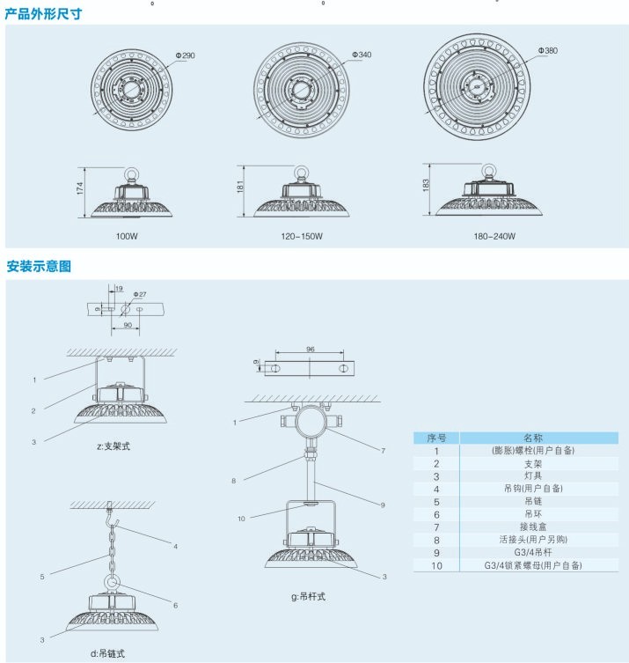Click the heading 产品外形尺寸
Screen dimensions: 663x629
coord(45,14)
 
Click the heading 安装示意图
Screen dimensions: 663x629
coord(39,266)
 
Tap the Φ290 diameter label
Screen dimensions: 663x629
coord(185,55)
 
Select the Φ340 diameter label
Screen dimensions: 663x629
coord(362,55)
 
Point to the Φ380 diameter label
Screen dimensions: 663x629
coord(547,51)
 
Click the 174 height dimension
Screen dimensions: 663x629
coord(79,188)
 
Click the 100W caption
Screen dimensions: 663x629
coord(127,237)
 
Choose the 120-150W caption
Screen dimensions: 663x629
coord(303,237)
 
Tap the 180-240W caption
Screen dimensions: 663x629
coord(495,237)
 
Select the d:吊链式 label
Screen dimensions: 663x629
coord(107,652)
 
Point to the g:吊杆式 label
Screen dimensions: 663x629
coord(308,596)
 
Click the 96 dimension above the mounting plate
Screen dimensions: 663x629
coord(310,350)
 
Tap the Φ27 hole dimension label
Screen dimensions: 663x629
coord(140,293)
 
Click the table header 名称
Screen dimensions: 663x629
coord(533,438)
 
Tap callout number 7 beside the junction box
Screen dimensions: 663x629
coord(383,450)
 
